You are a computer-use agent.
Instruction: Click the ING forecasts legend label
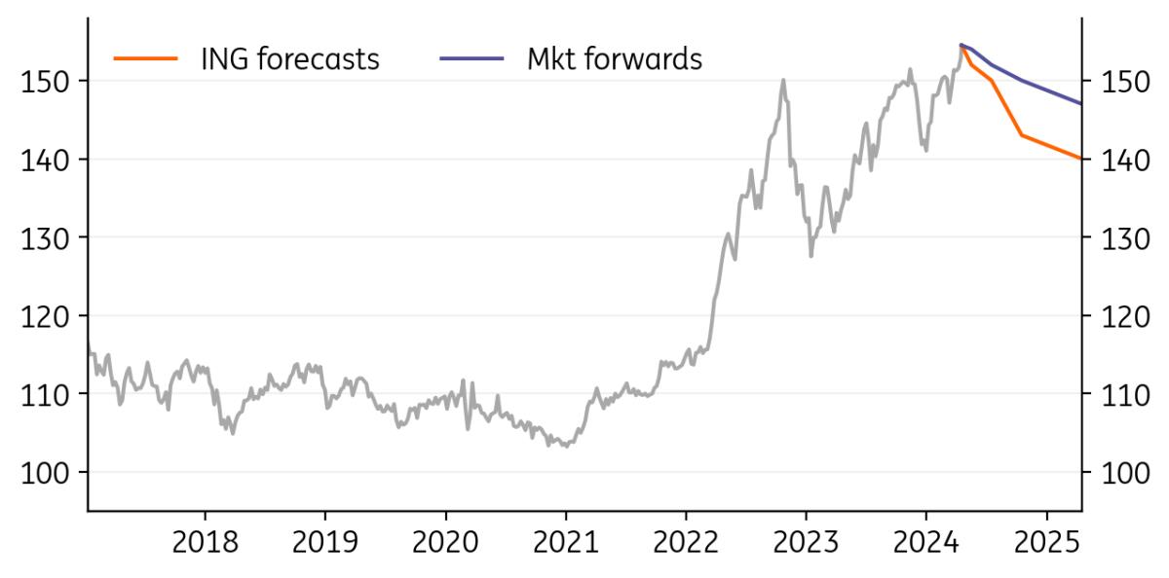[289, 59]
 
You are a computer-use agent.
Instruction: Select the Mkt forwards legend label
[614, 59]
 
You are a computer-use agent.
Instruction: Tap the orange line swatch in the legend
[145, 59]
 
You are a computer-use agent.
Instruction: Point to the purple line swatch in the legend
[471, 59]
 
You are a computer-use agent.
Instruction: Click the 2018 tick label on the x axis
[205, 542]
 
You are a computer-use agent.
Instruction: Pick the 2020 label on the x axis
[445, 542]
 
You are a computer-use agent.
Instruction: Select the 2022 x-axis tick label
[686, 542]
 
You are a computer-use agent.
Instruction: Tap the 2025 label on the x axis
[1046, 542]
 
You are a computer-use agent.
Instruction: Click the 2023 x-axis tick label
[806, 542]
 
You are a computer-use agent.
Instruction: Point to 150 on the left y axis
[45, 81]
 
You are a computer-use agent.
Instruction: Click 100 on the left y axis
[45, 473]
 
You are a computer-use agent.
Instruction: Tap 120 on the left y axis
[45, 316]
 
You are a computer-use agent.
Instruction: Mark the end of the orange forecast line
[1080, 159]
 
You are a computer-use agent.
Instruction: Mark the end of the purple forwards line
[1080, 103]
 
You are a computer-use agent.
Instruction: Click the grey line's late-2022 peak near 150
[783, 80]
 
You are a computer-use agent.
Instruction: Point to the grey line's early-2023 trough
[811, 256]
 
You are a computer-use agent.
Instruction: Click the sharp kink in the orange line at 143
[1021, 135]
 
